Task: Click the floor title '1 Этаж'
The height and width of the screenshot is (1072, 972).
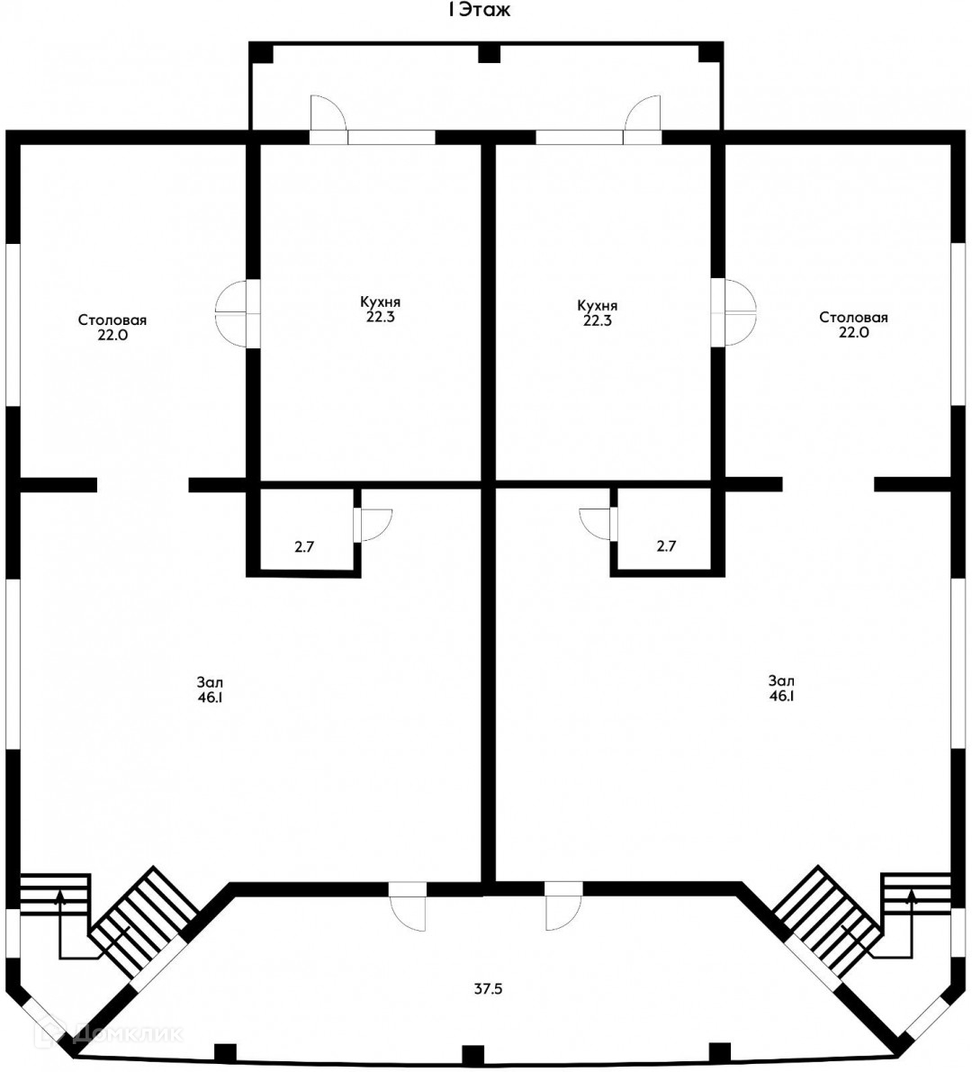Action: click(479, 10)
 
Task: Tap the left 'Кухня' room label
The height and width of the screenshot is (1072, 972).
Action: click(380, 302)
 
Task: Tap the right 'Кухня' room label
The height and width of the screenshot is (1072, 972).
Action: click(598, 306)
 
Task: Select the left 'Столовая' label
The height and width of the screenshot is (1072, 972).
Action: click(112, 320)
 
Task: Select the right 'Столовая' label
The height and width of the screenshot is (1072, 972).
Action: click(854, 317)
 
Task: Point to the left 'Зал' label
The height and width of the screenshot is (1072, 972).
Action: click(210, 682)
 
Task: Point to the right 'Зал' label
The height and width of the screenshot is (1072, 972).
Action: click(781, 681)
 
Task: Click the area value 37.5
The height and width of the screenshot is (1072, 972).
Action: click(488, 988)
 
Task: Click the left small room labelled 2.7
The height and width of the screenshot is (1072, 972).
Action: click(304, 546)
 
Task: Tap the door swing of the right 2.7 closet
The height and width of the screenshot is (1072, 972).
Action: click(595, 525)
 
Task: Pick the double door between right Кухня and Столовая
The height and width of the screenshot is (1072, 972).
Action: click(733, 311)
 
